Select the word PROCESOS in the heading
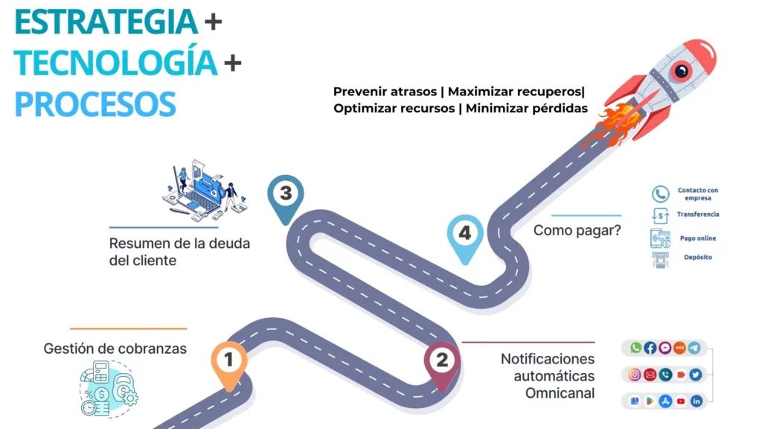coord(95,104)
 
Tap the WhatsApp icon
coord(635,348)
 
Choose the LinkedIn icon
coord(696,401)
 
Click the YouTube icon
coord(681,401)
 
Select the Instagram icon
coord(635,375)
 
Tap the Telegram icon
coord(695,348)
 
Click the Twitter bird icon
coord(695,375)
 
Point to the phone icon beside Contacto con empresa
coord(660,194)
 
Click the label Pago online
coord(698,238)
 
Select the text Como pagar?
coord(577,231)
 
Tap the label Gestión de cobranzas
coord(115,349)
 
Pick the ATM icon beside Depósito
coord(660,259)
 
